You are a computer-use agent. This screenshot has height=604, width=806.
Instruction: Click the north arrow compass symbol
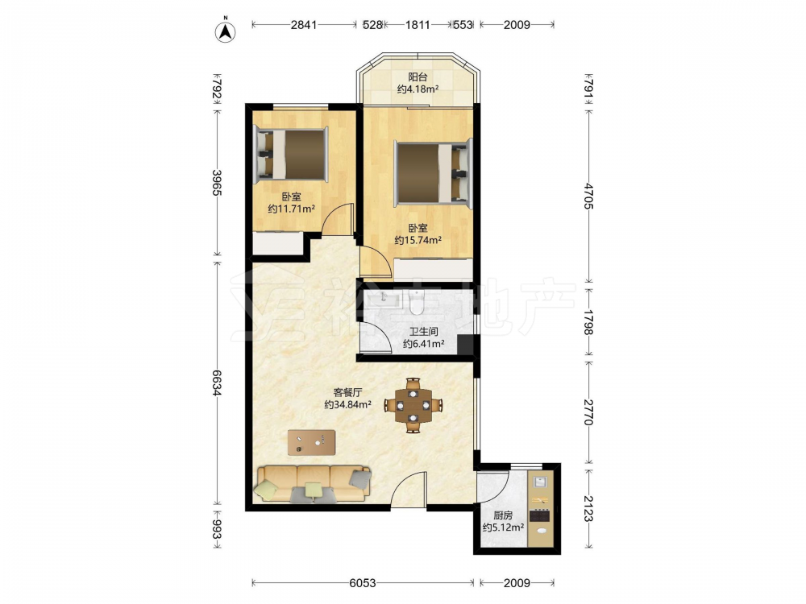pos(225,31)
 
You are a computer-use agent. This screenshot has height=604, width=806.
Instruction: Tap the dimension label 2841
pos(304,25)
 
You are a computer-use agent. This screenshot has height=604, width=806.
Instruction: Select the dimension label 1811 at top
pos(418,25)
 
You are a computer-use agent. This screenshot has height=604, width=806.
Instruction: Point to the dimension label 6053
pos(363,583)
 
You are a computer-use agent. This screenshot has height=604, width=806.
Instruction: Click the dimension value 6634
pos(217,383)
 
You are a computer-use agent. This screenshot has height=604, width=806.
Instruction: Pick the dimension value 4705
pos(589,196)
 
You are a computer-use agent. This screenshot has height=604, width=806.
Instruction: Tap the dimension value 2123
pos(589,508)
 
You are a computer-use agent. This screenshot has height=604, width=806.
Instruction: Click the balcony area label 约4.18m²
pos(418,89)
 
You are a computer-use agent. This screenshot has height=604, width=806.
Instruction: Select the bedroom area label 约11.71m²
pos(292,209)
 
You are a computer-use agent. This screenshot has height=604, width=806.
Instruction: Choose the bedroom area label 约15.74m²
pos(418,240)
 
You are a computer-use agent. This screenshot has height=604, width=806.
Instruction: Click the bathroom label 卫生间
pos(424,332)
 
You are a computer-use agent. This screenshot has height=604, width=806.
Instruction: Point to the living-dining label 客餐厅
pos(348,392)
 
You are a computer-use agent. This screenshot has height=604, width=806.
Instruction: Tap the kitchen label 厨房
pos(503,515)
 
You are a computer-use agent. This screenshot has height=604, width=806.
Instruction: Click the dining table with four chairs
pos(413,406)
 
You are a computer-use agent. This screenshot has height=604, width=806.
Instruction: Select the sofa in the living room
pos(313,484)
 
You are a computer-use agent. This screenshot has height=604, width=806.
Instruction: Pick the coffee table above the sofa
pos(311,442)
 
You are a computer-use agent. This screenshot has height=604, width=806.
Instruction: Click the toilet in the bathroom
pos(417,303)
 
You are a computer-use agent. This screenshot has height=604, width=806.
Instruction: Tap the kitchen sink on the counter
pos(540,482)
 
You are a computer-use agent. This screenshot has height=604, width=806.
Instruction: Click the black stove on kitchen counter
pos(540,515)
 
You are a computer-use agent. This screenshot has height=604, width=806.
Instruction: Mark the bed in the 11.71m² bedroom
pos(292,155)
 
